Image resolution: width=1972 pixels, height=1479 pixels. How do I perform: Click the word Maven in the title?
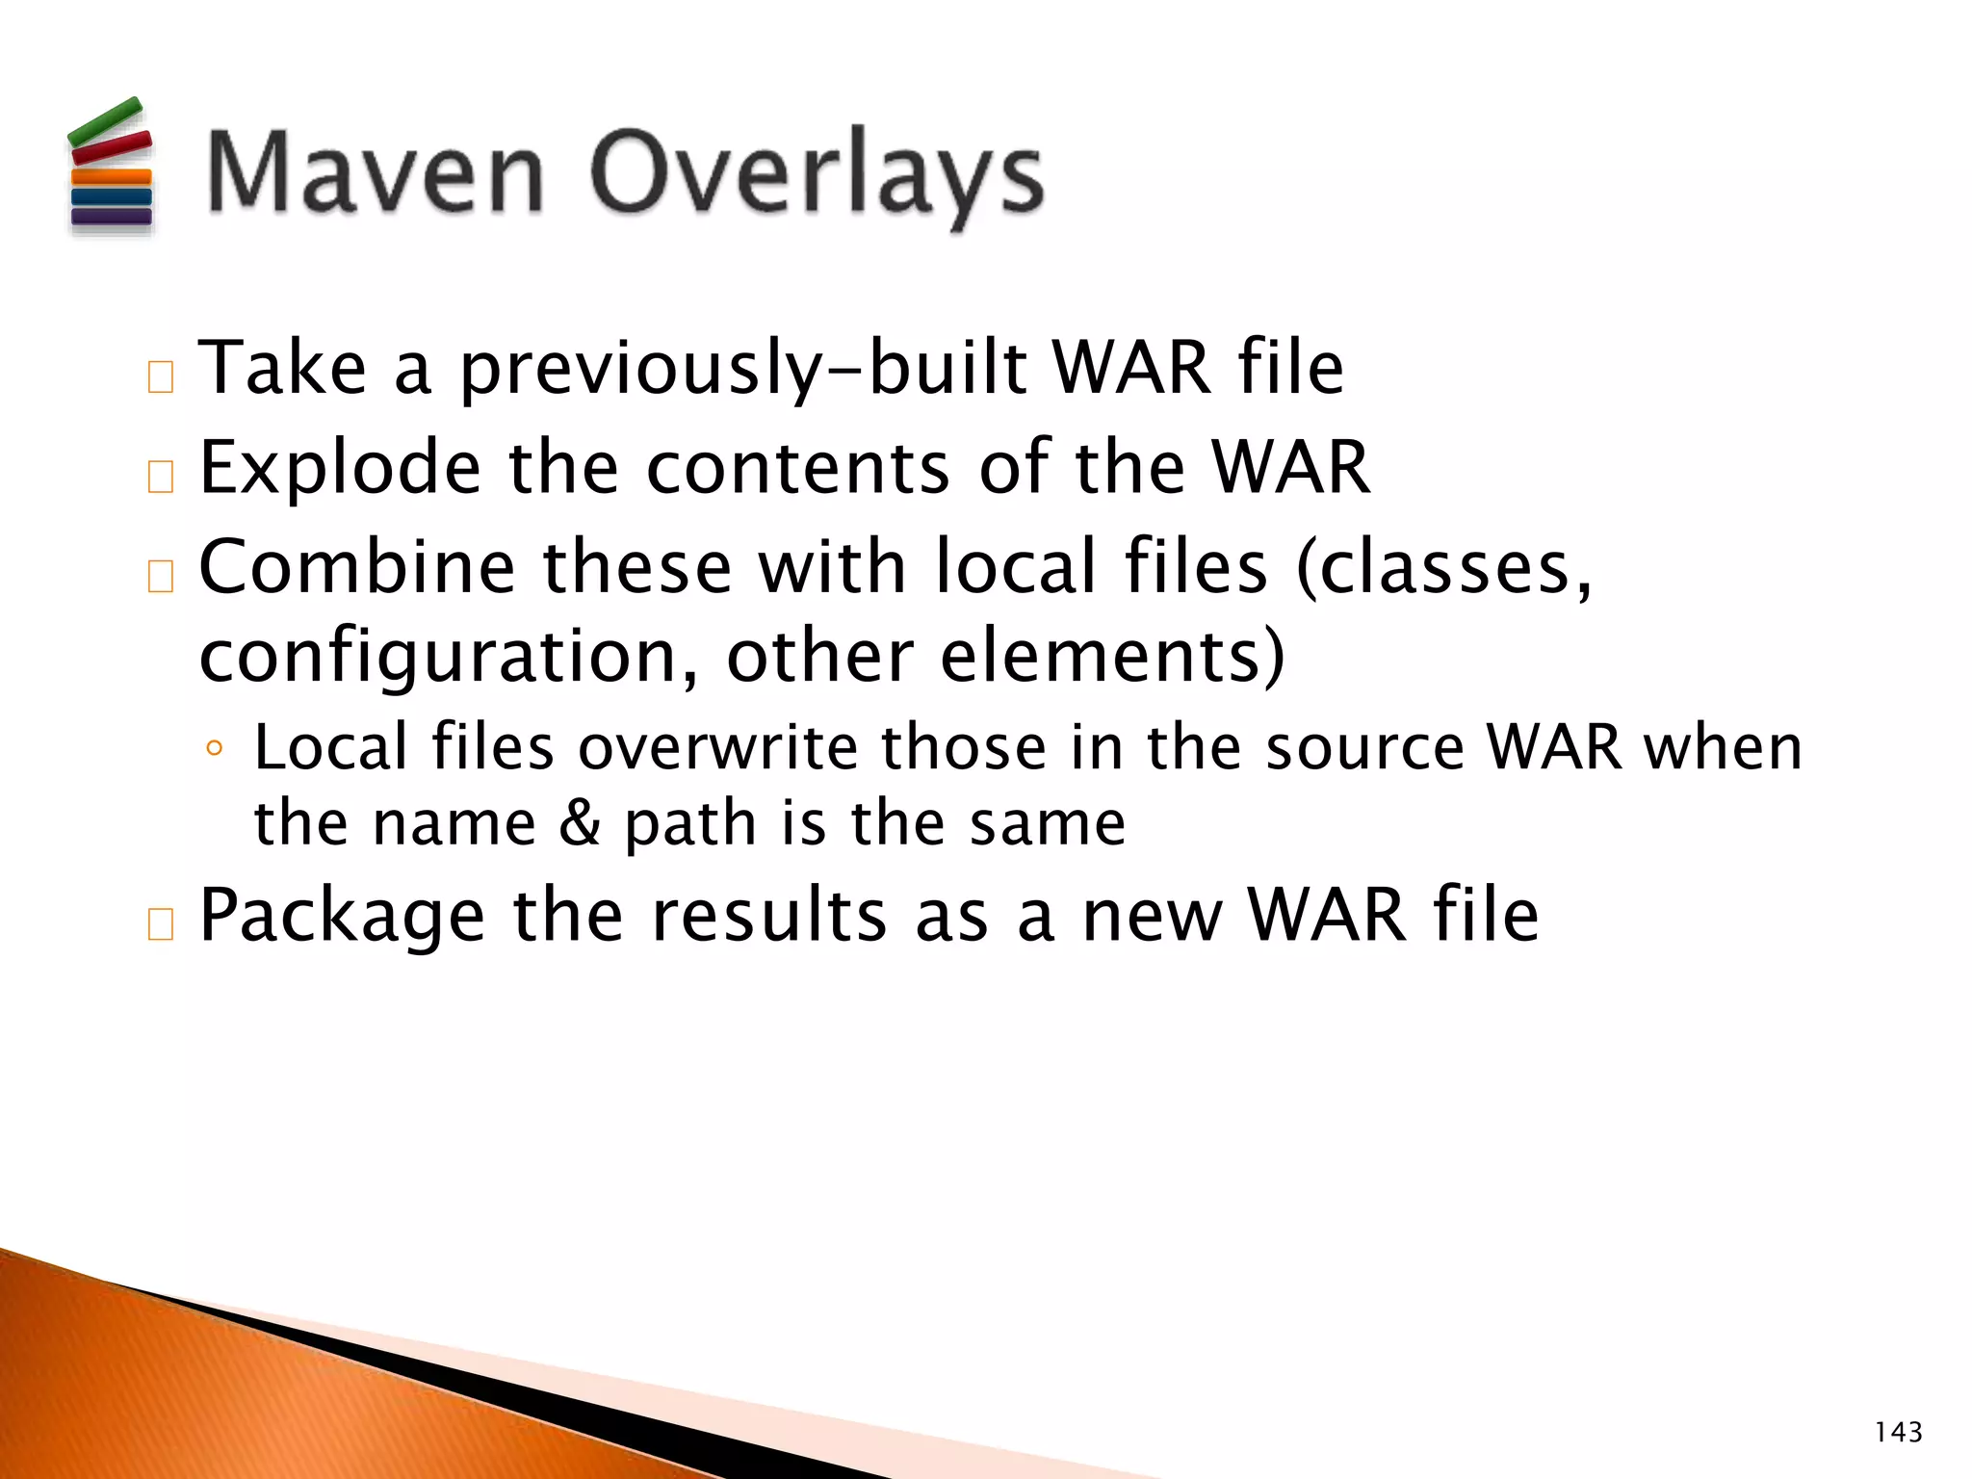[376, 173]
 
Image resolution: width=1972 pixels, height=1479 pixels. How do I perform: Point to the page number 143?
[1898, 1433]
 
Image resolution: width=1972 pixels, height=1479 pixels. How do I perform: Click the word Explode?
[340, 468]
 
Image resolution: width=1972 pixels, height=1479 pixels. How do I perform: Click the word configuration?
[449, 659]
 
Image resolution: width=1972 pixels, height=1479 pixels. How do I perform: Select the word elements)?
[1112, 657]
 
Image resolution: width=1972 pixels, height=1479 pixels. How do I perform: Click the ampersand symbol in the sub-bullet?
[580, 824]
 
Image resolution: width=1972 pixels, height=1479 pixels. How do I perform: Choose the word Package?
[342, 917]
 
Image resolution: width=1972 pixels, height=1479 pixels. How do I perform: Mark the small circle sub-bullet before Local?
[215, 749]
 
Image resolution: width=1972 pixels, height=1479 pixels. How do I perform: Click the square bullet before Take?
[161, 377]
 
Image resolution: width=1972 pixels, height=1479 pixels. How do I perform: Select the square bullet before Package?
[161, 924]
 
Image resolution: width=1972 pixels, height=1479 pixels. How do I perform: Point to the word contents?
[798, 468]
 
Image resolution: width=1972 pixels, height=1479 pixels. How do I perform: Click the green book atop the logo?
[105, 119]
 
